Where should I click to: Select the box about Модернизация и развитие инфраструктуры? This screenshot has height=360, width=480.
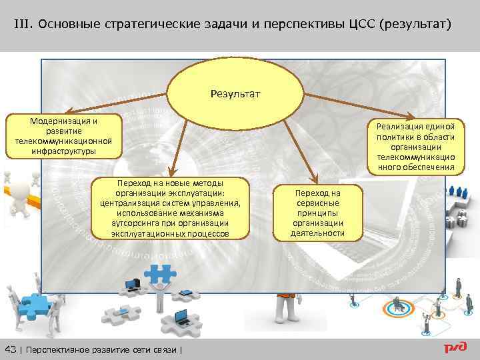(63, 136)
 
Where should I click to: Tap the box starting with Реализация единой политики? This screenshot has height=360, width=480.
(415, 146)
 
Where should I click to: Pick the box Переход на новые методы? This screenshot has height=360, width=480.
(170, 208)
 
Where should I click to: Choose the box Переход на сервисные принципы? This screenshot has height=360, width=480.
(318, 213)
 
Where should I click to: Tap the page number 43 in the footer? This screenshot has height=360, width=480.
(11, 350)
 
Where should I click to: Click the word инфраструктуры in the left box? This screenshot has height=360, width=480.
(63, 151)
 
